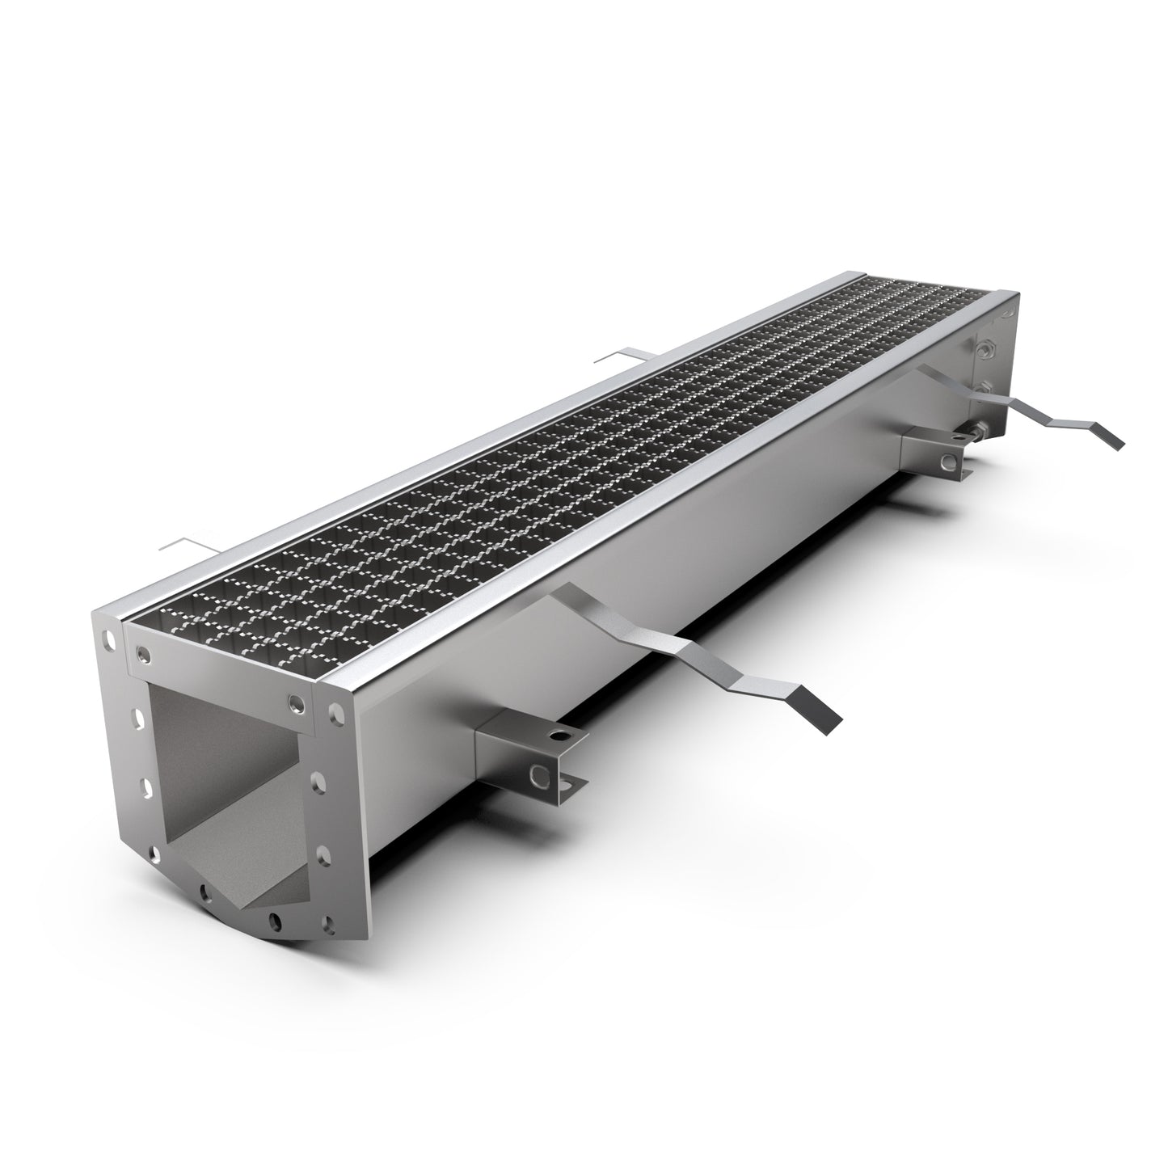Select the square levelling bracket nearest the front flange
[x=517, y=744]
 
